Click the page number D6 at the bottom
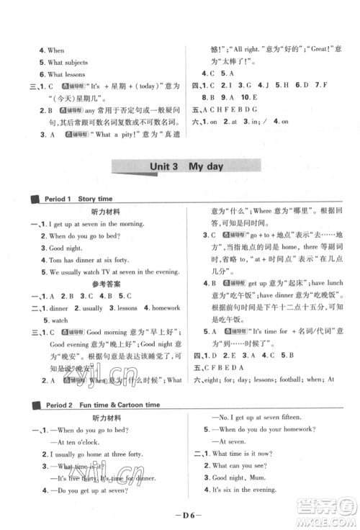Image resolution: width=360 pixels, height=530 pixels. pos(180,516)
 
